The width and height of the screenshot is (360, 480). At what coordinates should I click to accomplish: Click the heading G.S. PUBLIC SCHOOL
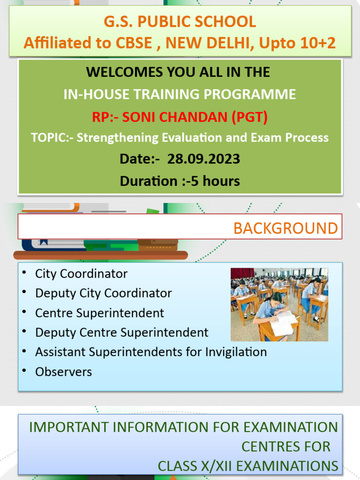coord(180,22)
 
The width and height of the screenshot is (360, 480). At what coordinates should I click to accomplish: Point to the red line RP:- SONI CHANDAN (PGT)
coord(180,117)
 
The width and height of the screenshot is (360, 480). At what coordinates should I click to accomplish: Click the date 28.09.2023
coord(204,159)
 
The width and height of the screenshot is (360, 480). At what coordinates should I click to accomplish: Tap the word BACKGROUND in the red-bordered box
coord(285,228)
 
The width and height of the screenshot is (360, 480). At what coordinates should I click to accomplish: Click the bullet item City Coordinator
coord(81,273)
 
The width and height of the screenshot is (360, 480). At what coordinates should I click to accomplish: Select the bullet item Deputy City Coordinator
coord(103,293)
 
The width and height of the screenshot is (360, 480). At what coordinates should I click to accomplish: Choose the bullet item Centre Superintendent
coord(99,313)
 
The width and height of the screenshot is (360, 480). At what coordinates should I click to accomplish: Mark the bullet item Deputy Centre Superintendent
coord(121,332)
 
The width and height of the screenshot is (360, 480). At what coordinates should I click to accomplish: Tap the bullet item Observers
coord(63,372)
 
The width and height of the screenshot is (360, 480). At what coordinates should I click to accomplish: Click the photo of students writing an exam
coord(279,304)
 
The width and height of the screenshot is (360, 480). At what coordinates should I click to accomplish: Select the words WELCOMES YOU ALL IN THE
coord(178,72)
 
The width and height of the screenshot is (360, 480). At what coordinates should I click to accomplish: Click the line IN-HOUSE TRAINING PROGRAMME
coord(180,94)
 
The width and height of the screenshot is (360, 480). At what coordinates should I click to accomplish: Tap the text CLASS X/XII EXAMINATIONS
coord(247,466)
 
